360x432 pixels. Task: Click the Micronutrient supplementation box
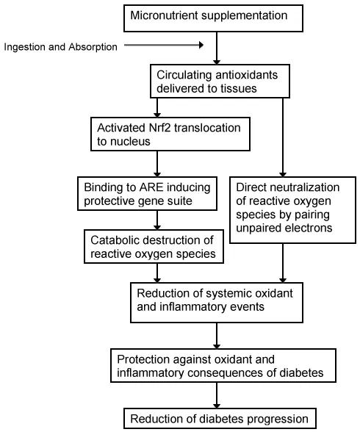[x=214, y=18]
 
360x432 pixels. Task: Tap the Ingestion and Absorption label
[x=60, y=47]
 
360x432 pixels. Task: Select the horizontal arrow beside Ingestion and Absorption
[x=164, y=45]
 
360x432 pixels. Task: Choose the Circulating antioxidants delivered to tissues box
[x=220, y=82]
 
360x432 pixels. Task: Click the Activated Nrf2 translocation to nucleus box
[x=170, y=134]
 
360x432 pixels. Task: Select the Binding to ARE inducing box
[x=148, y=194]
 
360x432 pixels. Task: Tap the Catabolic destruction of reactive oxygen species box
[x=154, y=247]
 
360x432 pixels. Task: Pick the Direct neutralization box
[x=293, y=210]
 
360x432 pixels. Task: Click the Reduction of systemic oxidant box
[x=217, y=303]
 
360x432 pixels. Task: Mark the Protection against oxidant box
[x=223, y=366]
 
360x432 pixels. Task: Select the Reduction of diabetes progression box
[x=220, y=419]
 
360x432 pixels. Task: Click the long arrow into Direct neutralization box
[x=283, y=137]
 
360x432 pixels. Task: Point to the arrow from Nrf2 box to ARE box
[x=157, y=164]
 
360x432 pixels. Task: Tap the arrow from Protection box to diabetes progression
[x=217, y=395]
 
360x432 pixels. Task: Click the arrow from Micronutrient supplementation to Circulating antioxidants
[x=217, y=48]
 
